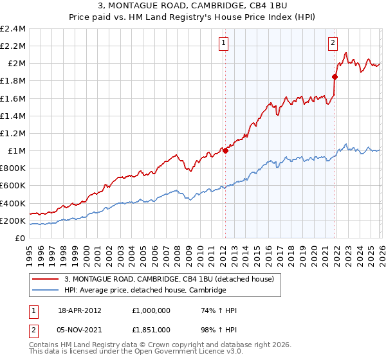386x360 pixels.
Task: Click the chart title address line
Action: pos(193,6)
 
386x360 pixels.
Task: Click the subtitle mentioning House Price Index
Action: pos(193,17)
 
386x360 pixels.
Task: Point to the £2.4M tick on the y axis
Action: pos(13,29)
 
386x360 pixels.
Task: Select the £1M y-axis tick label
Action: pos(15,151)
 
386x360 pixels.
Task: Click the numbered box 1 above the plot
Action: pos(223,44)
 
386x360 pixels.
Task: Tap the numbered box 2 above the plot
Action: pos(333,44)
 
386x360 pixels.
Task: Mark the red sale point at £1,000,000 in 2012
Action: pos(225,150)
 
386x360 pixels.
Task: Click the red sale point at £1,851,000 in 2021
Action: pos(335,76)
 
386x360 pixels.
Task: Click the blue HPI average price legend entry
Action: pos(145,291)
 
